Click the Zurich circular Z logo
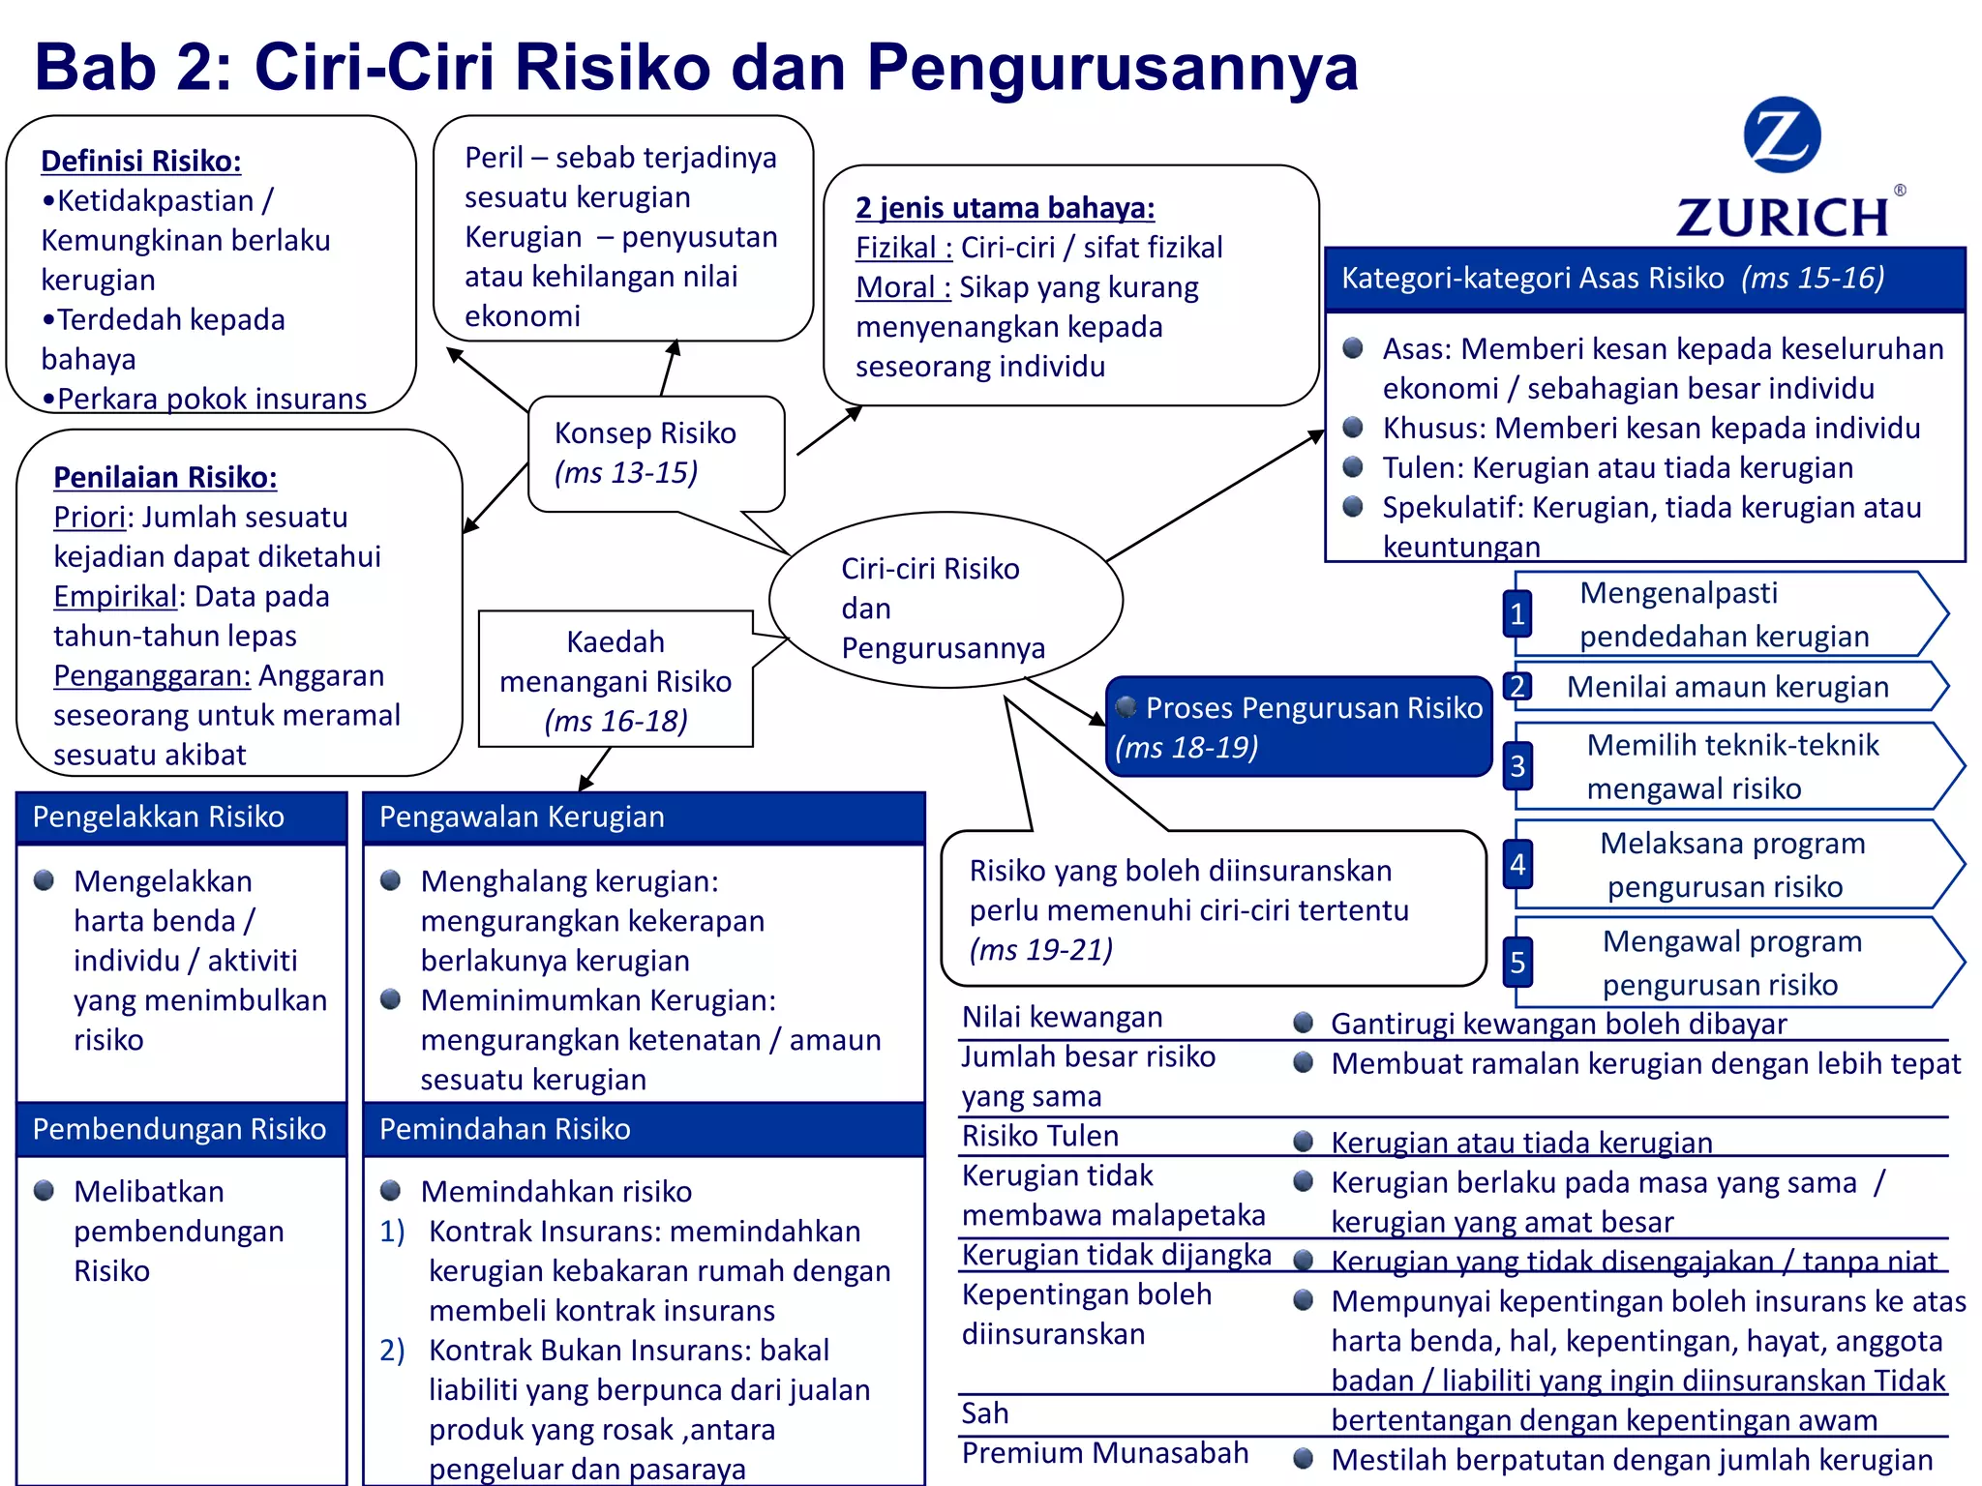tap(1781, 135)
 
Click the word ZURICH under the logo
tap(1783, 217)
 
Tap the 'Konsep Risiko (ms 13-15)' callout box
tap(655, 453)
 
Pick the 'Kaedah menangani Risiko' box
tap(616, 680)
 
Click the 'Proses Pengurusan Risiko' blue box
tap(1298, 727)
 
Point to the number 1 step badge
tap(1517, 613)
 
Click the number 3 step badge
tap(1517, 766)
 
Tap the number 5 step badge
tap(1517, 963)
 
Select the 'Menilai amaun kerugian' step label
tap(1727, 687)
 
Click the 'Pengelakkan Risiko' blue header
tap(181, 817)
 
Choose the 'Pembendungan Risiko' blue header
tap(181, 1129)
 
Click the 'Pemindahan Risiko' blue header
tap(643, 1129)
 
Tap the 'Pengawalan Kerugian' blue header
tap(643, 817)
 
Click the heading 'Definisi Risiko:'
tap(141, 161)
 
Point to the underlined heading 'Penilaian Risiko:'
tap(165, 477)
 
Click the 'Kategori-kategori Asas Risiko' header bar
tap(1643, 279)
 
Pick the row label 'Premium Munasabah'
tap(1105, 1453)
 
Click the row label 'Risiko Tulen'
tap(1040, 1136)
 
